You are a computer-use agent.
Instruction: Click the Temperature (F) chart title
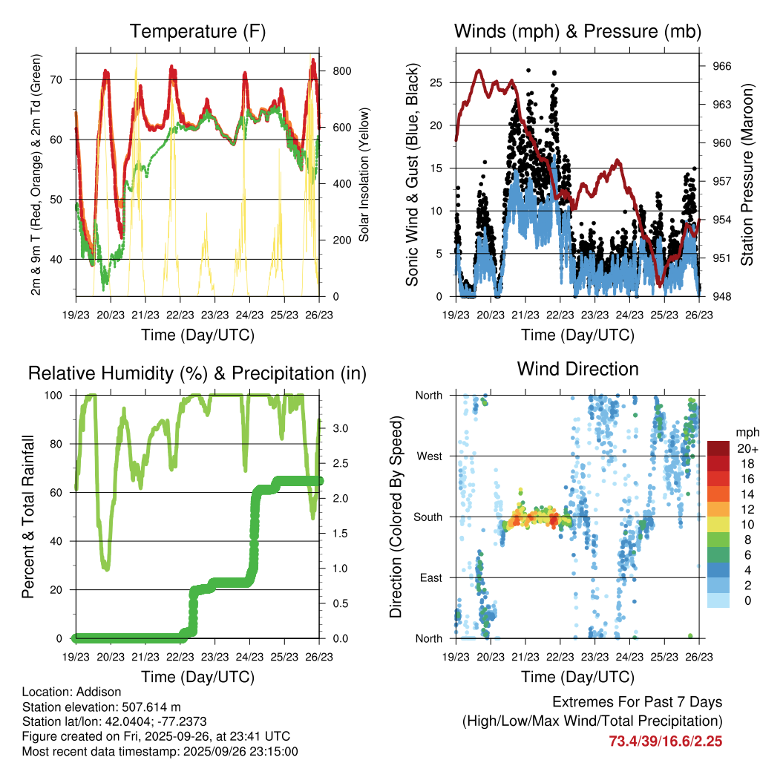tap(197, 31)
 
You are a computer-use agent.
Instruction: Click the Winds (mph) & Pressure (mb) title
tap(577, 31)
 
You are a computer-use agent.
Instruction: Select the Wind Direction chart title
tap(577, 368)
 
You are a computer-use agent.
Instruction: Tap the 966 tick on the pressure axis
tap(722, 66)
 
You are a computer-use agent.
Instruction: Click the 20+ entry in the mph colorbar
tap(747, 448)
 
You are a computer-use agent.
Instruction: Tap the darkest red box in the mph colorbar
tap(718, 448)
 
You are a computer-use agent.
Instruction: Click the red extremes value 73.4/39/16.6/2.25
tap(666, 741)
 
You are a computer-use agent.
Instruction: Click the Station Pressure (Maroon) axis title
tap(747, 174)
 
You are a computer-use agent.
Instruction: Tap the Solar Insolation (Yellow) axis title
tap(364, 174)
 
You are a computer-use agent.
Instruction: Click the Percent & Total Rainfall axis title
tap(27, 517)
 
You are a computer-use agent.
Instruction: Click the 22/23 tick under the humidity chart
tap(180, 657)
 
